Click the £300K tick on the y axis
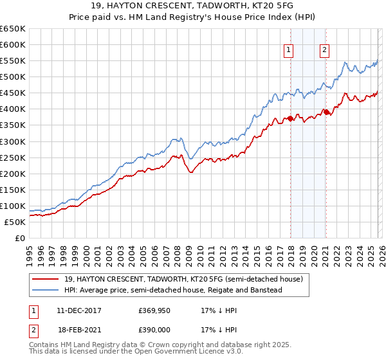[x=13, y=141]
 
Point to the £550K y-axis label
[x=13, y=61]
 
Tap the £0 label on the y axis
[x=20, y=238]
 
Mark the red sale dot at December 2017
[x=290, y=118]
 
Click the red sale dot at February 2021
[x=326, y=112]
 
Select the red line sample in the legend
[x=46, y=279]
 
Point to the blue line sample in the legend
[x=46, y=290]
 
